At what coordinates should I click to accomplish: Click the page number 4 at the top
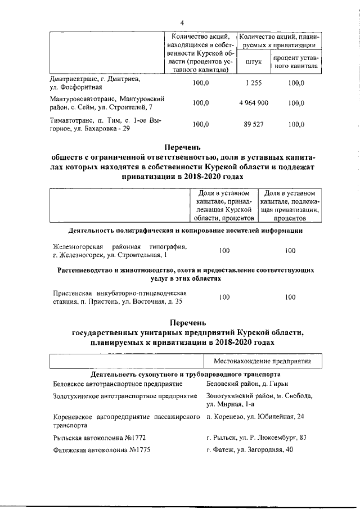click(x=182, y=22)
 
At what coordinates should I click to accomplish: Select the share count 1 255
click(x=254, y=83)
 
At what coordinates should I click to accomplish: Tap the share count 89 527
click(x=254, y=124)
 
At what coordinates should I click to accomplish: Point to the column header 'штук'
click(x=254, y=62)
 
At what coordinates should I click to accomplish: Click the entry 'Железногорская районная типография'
click(x=119, y=251)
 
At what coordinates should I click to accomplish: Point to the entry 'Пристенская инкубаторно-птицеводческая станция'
click(x=119, y=298)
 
